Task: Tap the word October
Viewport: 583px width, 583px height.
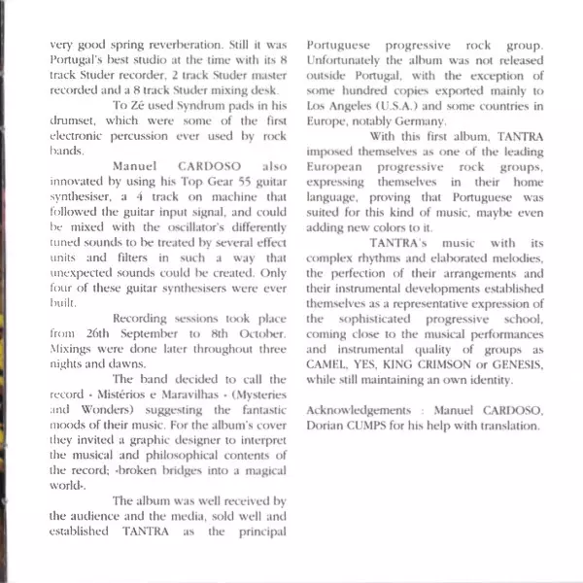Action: [x=261, y=332]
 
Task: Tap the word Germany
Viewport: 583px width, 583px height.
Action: [x=419, y=122]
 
